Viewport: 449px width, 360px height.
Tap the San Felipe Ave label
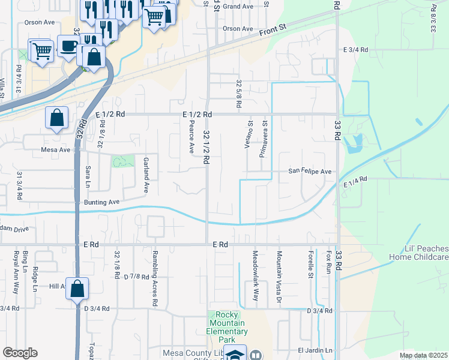[x=310, y=172]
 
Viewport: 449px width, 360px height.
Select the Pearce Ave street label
[x=191, y=136]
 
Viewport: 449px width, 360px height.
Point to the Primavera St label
[x=262, y=138]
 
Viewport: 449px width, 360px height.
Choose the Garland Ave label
[x=145, y=175]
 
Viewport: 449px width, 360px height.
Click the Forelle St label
[x=310, y=265]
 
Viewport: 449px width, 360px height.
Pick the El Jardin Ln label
[x=315, y=350]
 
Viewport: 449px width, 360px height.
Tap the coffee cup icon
[x=67, y=45]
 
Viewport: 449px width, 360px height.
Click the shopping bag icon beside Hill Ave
[x=77, y=289]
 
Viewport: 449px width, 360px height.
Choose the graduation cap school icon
[x=235, y=355]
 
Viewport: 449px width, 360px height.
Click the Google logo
[x=20, y=353]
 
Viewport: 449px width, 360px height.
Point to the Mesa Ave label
[x=56, y=150]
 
